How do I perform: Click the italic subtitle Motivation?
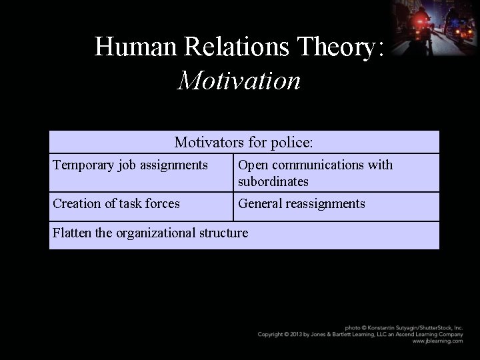(239, 81)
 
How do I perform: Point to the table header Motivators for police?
(244, 142)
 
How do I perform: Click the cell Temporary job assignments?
(130, 165)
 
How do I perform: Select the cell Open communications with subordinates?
(315, 173)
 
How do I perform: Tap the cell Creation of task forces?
(116, 203)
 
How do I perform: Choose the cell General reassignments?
(301, 203)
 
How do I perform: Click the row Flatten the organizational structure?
(150, 233)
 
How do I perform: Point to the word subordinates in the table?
(273, 181)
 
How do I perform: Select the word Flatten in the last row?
(73, 233)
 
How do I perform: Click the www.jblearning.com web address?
(437, 341)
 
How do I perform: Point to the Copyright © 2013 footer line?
(360, 334)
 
